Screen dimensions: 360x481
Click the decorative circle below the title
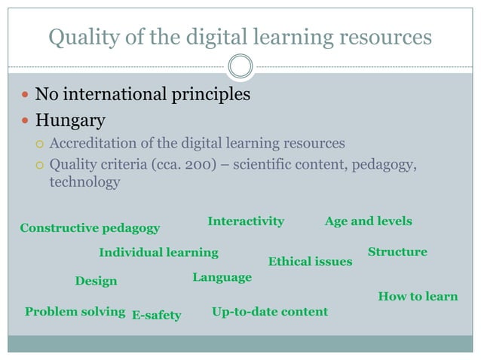[x=240, y=66]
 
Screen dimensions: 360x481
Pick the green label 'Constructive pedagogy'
[x=89, y=227]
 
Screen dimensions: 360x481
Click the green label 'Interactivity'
[x=245, y=221]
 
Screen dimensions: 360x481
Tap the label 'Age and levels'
[x=368, y=221]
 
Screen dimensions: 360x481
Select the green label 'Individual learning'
[x=158, y=252]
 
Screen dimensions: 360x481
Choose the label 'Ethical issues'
[x=310, y=261]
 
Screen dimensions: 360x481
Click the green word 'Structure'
[x=397, y=252]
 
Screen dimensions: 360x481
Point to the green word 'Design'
[x=96, y=281]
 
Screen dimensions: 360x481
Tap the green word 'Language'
[x=222, y=277]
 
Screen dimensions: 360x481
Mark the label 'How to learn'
[x=418, y=296]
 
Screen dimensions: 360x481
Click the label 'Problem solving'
[x=75, y=311]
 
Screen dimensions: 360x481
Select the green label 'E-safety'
[x=156, y=315]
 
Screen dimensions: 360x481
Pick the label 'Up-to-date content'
[x=270, y=311]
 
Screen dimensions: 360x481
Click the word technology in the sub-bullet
[x=84, y=182]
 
